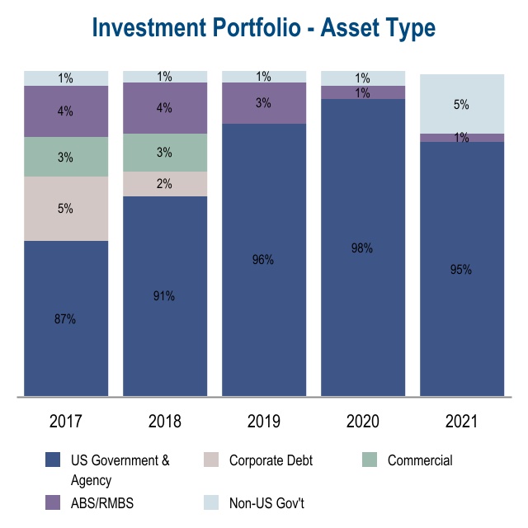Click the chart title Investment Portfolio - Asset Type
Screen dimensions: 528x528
tap(264, 27)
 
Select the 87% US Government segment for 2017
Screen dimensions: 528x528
tap(66, 318)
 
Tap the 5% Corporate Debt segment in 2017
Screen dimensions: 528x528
tap(66, 209)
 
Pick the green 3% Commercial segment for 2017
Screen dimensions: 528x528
tap(66, 157)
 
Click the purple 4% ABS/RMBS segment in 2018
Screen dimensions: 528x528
tap(165, 108)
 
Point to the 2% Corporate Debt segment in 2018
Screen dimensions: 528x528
tap(165, 184)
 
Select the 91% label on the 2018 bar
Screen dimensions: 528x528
tap(164, 296)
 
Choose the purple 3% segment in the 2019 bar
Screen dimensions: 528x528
tap(264, 103)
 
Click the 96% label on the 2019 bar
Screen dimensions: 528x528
tap(263, 260)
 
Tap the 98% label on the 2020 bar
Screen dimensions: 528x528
tap(362, 247)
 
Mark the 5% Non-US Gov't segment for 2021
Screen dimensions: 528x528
tap(462, 104)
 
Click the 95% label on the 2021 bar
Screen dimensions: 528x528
tap(461, 269)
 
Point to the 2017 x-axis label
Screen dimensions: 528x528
tap(66, 422)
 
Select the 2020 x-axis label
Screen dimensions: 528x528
tap(363, 422)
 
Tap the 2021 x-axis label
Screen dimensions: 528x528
tap(462, 422)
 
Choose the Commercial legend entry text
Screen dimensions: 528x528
tap(420, 460)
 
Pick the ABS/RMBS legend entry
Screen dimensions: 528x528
tap(100, 502)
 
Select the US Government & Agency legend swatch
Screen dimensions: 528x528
tap(54, 460)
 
